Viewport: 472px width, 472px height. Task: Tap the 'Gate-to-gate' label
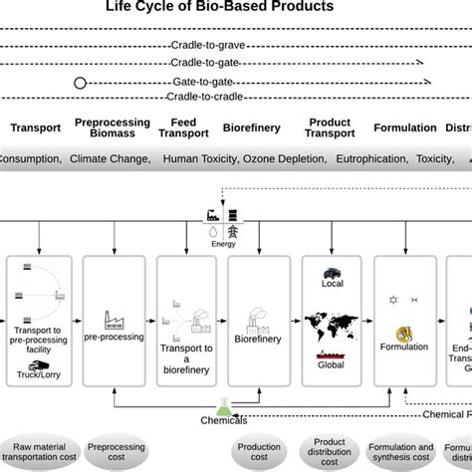235,81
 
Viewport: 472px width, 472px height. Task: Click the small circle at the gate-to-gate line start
80,83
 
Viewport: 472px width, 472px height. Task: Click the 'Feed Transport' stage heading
185,127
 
